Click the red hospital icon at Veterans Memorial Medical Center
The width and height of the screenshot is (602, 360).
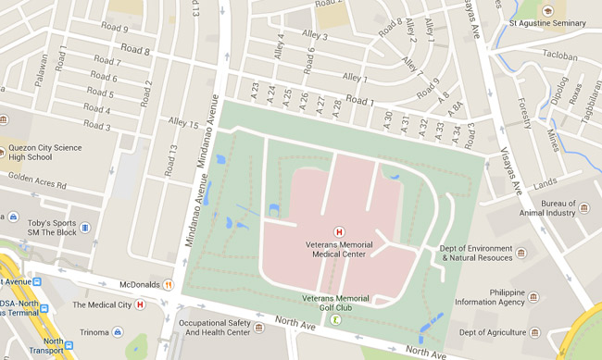[x=340, y=231]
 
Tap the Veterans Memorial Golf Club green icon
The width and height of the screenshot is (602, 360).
[x=336, y=319]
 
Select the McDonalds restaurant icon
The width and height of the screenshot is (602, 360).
[x=169, y=285]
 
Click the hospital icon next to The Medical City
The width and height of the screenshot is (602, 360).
[x=141, y=304]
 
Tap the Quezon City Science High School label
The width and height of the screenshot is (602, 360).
[x=45, y=152]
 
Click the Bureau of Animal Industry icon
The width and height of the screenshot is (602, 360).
[x=583, y=206]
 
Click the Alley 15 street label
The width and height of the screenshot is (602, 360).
[x=182, y=123]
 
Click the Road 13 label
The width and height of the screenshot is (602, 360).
[x=170, y=160]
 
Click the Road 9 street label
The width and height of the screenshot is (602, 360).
[x=113, y=29]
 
